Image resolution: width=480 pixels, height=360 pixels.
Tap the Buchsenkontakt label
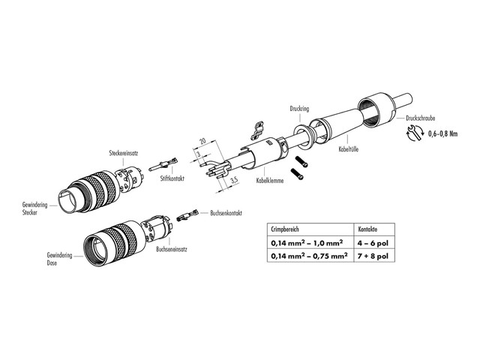[227, 212]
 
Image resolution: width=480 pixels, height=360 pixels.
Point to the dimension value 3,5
[235, 181]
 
